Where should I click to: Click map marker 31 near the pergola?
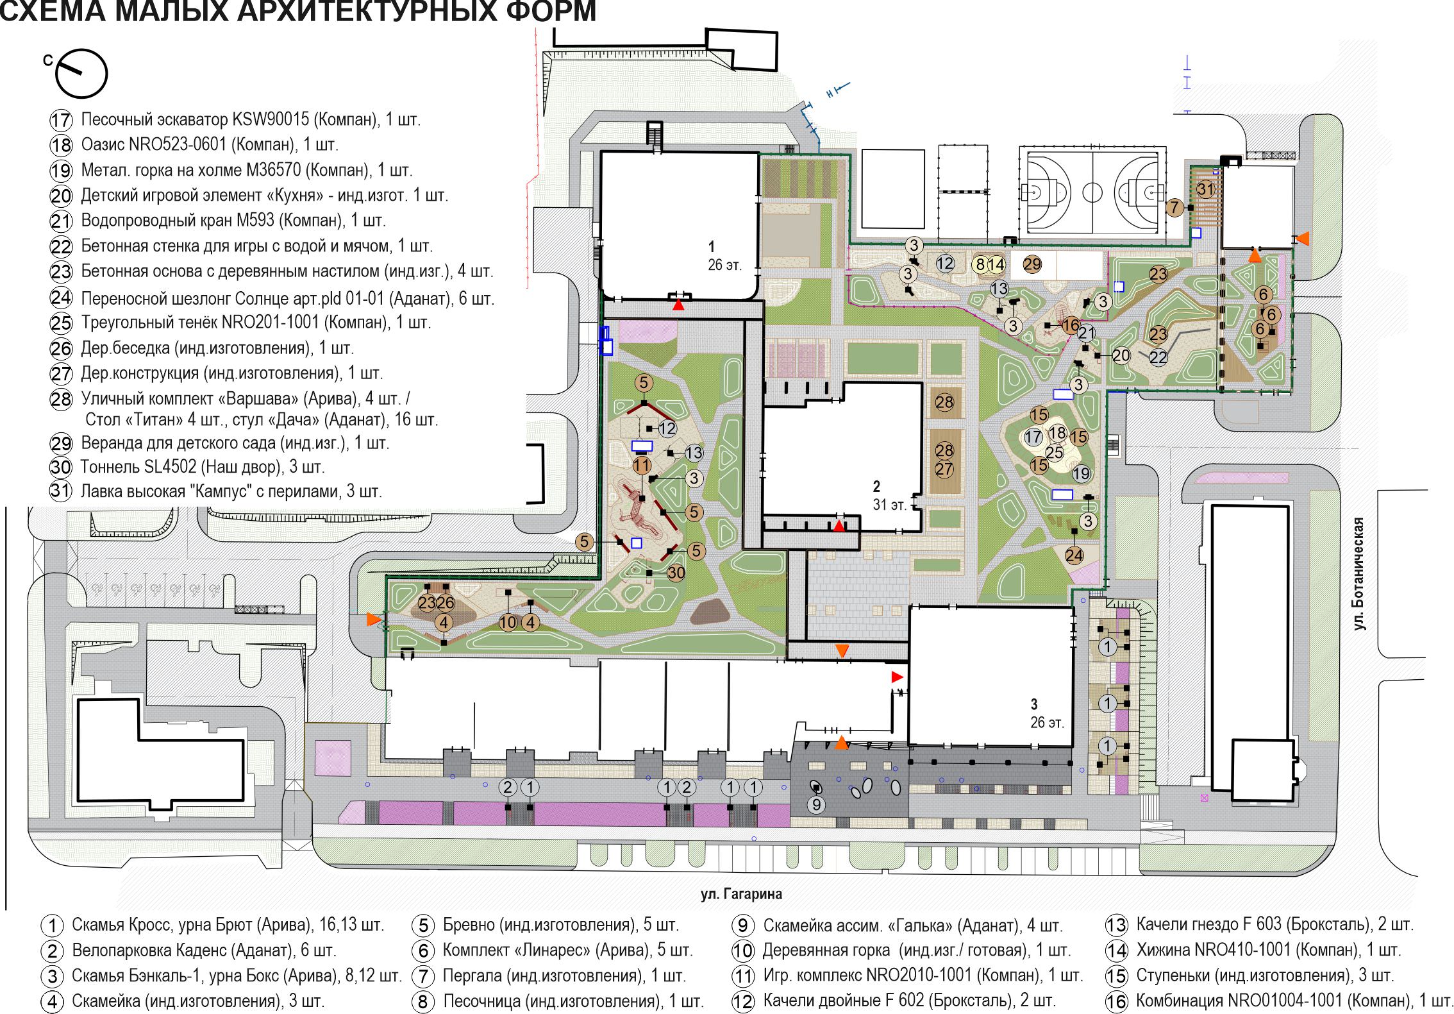point(1206,189)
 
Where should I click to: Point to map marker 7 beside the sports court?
point(1174,208)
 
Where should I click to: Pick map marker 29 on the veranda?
point(1032,264)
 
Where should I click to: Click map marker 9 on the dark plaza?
point(816,804)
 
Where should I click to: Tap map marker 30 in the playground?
point(676,573)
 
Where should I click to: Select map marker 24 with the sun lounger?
point(1074,555)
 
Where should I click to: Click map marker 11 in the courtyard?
point(642,465)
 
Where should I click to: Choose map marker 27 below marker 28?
point(944,469)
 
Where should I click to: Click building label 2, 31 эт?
point(890,494)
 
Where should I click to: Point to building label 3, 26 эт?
point(1047,713)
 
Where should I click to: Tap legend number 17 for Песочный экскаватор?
point(61,121)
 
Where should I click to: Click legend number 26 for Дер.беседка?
point(61,349)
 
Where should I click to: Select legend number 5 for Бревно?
point(423,925)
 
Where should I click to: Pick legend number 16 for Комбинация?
point(1117,1001)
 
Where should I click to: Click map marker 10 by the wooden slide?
point(508,622)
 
